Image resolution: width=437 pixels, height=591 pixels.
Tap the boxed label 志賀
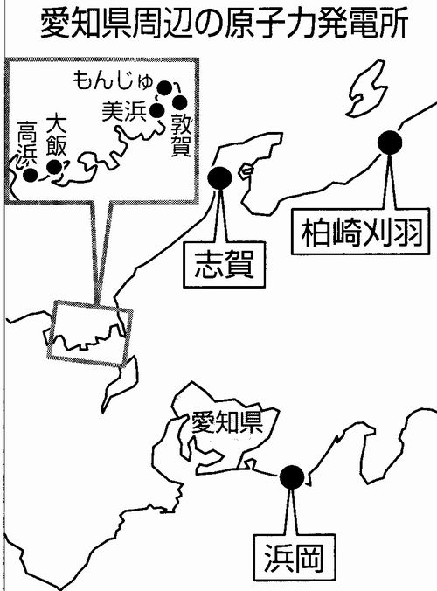click(x=224, y=265)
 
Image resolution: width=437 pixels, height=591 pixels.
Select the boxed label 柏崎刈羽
click(x=361, y=232)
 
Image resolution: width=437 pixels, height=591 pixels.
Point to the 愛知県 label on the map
click(x=226, y=421)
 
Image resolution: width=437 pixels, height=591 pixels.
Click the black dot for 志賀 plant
click(x=219, y=178)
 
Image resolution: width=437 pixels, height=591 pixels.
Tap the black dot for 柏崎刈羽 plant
click(x=390, y=143)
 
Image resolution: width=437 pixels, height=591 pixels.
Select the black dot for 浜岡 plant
click(x=292, y=477)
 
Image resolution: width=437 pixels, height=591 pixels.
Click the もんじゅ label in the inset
click(x=113, y=80)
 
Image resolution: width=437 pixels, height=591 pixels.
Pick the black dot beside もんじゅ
click(x=164, y=88)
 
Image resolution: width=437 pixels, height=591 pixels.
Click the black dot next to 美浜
click(x=157, y=110)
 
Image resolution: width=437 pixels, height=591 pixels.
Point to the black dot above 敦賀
click(x=180, y=102)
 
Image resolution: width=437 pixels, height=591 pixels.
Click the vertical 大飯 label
click(x=57, y=135)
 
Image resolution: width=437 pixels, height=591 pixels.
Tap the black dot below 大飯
click(x=54, y=167)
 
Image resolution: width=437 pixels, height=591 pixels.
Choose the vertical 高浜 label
click(x=27, y=143)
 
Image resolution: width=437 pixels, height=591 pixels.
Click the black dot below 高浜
click(x=30, y=175)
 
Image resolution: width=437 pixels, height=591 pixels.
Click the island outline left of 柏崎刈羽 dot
click(x=366, y=88)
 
